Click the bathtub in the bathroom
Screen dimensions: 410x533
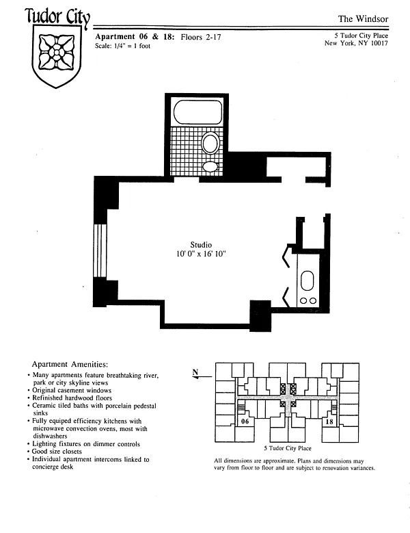(198, 112)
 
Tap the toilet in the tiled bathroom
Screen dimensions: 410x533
(210, 144)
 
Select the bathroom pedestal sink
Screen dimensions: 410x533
(210, 166)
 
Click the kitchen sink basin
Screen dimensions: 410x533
(307, 281)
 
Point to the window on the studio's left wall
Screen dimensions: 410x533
(100, 250)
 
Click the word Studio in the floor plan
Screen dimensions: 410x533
(201, 245)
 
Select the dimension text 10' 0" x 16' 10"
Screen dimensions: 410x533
(201, 254)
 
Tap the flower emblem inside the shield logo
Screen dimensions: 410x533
(57, 53)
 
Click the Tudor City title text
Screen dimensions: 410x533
(57, 17)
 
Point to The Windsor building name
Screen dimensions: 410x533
(363, 19)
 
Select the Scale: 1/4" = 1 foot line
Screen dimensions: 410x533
(122, 46)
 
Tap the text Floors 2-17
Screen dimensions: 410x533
(201, 37)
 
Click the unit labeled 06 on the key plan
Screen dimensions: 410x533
(245, 421)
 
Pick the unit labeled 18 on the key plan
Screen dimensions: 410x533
(329, 421)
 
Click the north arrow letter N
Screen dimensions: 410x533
(195, 372)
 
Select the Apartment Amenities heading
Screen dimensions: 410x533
(70, 365)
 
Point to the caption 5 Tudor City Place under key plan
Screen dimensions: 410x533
(288, 448)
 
